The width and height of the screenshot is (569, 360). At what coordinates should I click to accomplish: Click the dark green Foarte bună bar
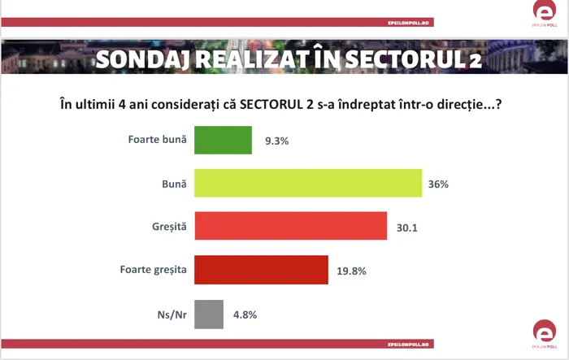tap(223, 140)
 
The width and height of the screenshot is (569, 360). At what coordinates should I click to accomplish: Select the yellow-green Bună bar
tap(308, 183)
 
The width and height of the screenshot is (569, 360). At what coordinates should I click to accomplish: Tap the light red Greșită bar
tap(291, 226)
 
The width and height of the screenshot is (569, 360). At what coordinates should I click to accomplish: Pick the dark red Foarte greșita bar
tap(261, 270)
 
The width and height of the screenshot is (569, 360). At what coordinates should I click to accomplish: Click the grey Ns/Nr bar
tap(209, 314)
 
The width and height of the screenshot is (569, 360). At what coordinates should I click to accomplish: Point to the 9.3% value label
tap(276, 141)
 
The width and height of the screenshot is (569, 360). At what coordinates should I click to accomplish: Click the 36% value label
tap(438, 184)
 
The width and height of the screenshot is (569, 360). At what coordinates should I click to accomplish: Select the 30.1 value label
tap(406, 228)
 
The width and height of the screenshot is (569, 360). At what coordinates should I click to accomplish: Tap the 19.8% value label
tap(351, 271)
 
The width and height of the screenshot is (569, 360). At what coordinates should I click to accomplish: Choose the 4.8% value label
tap(245, 314)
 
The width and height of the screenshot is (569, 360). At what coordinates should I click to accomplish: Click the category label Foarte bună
tap(158, 139)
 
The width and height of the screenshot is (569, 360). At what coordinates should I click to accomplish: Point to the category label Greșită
tap(169, 227)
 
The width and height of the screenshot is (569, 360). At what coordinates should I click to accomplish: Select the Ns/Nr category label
tap(172, 314)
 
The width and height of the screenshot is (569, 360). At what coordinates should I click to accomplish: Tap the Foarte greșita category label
tap(153, 270)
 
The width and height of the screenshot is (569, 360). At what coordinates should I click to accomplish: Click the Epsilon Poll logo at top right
tap(545, 14)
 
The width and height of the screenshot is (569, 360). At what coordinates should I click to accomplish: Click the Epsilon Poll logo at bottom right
tap(545, 334)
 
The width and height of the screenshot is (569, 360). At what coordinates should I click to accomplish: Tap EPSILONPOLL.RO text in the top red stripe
tap(408, 23)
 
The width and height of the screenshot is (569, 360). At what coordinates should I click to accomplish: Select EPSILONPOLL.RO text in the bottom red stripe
tap(408, 345)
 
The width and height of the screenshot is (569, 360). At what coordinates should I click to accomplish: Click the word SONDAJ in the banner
tap(142, 59)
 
